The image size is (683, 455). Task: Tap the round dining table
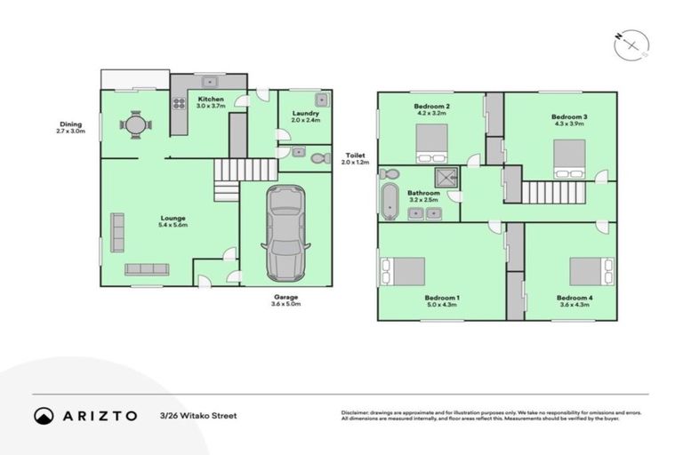pos(134,125)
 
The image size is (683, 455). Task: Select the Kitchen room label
pos(211,99)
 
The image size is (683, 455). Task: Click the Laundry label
pos(304,114)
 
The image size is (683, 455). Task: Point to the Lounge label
pos(173,219)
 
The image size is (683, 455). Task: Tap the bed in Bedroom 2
pos(432,143)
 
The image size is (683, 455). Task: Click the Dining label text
pos(70,124)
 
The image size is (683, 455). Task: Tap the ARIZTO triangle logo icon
pos(44,415)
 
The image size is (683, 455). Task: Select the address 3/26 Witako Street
pos(198,415)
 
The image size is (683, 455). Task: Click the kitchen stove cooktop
pos(179,103)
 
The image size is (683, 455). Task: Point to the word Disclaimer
pos(357,412)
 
